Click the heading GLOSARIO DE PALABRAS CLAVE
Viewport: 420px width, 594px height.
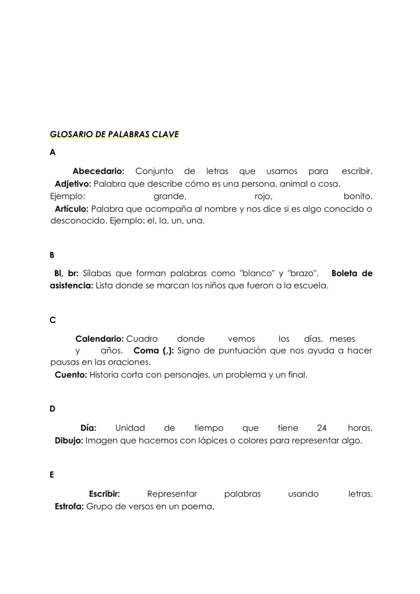click(x=114, y=134)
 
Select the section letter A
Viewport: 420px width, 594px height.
click(x=52, y=153)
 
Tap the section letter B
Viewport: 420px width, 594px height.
click(x=52, y=255)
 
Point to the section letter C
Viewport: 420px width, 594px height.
click(x=52, y=320)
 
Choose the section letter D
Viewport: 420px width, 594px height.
click(x=52, y=409)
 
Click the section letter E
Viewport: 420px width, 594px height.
click(x=52, y=475)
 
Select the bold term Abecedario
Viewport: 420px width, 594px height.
click(x=98, y=171)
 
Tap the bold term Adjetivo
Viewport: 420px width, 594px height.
click(x=73, y=184)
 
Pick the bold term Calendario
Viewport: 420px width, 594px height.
click(x=99, y=339)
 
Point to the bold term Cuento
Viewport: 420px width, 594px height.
click(x=71, y=375)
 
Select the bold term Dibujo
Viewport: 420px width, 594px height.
click(x=69, y=441)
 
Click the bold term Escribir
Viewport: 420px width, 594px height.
click(x=104, y=494)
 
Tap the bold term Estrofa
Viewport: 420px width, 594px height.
click(x=69, y=506)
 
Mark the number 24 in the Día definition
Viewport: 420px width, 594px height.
click(x=322, y=428)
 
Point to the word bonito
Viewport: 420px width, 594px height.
click(x=358, y=196)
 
